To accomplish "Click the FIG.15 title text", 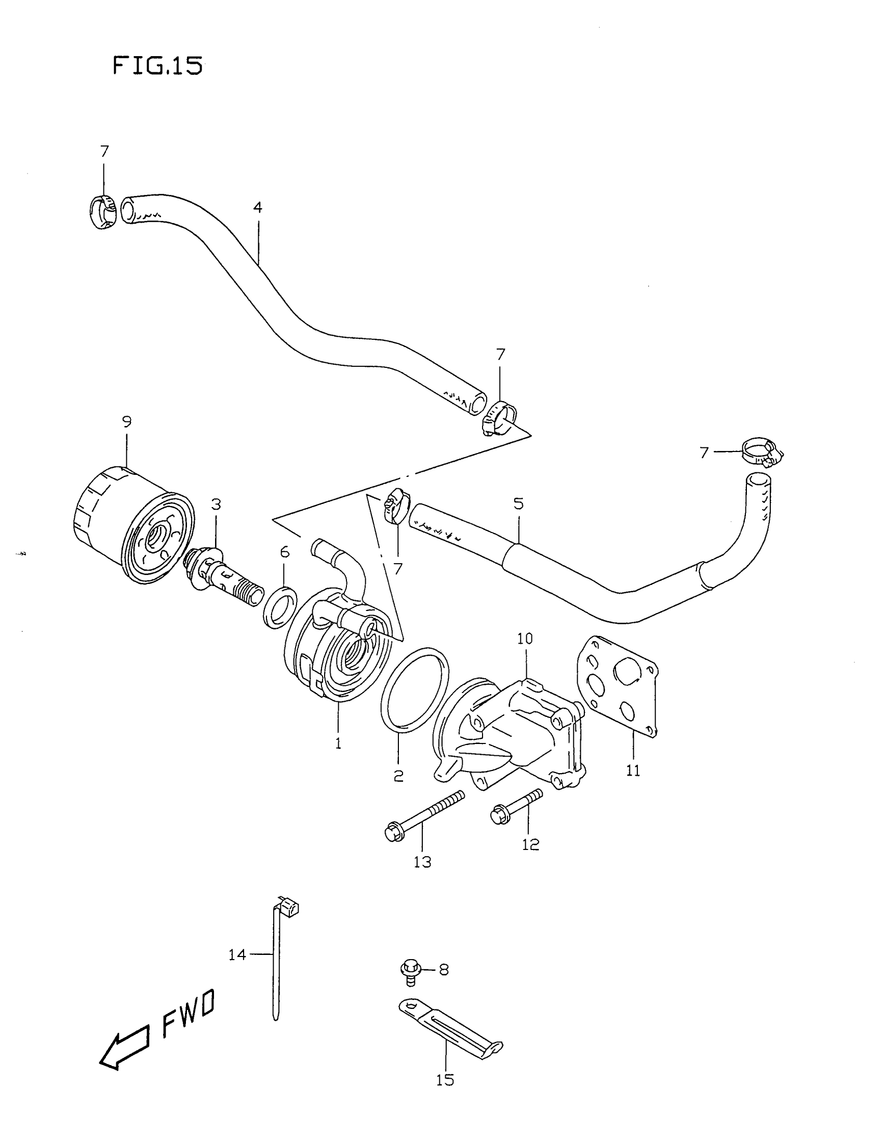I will pyautogui.click(x=157, y=66).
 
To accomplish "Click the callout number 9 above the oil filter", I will pyautogui.click(x=127, y=421).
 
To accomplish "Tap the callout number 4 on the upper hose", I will pyautogui.click(x=257, y=208).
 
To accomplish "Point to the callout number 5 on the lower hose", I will pyautogui.click(x=518, y=503).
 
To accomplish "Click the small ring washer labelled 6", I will pyautogui.click(x=281, y=607).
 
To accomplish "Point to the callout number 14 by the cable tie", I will pyautogui.click(x=237, y=955).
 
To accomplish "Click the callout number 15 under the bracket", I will pyautogui.click(x=445, y=1079).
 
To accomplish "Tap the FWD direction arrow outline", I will pyautogui.click(x=124, y=1045).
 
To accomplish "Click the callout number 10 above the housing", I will pyautogui.click(x=525, y=639).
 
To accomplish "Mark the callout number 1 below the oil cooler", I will pyautogui.click(x=339, y=743).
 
